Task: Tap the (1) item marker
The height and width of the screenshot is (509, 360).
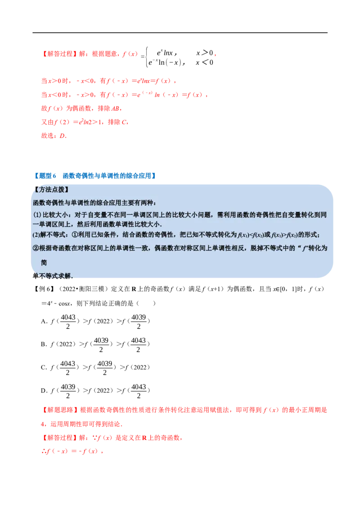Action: pyautogui.click(x=37, y=214)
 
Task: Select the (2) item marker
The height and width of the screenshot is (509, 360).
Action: pyautogui.click(x=37, y=235)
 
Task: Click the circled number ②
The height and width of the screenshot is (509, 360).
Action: pyautogui.click(x=36, y=248)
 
